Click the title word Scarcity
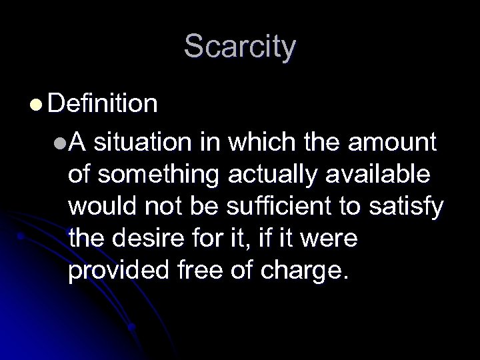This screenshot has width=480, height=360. pos(240,47)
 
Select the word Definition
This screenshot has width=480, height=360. pos(103,104)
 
